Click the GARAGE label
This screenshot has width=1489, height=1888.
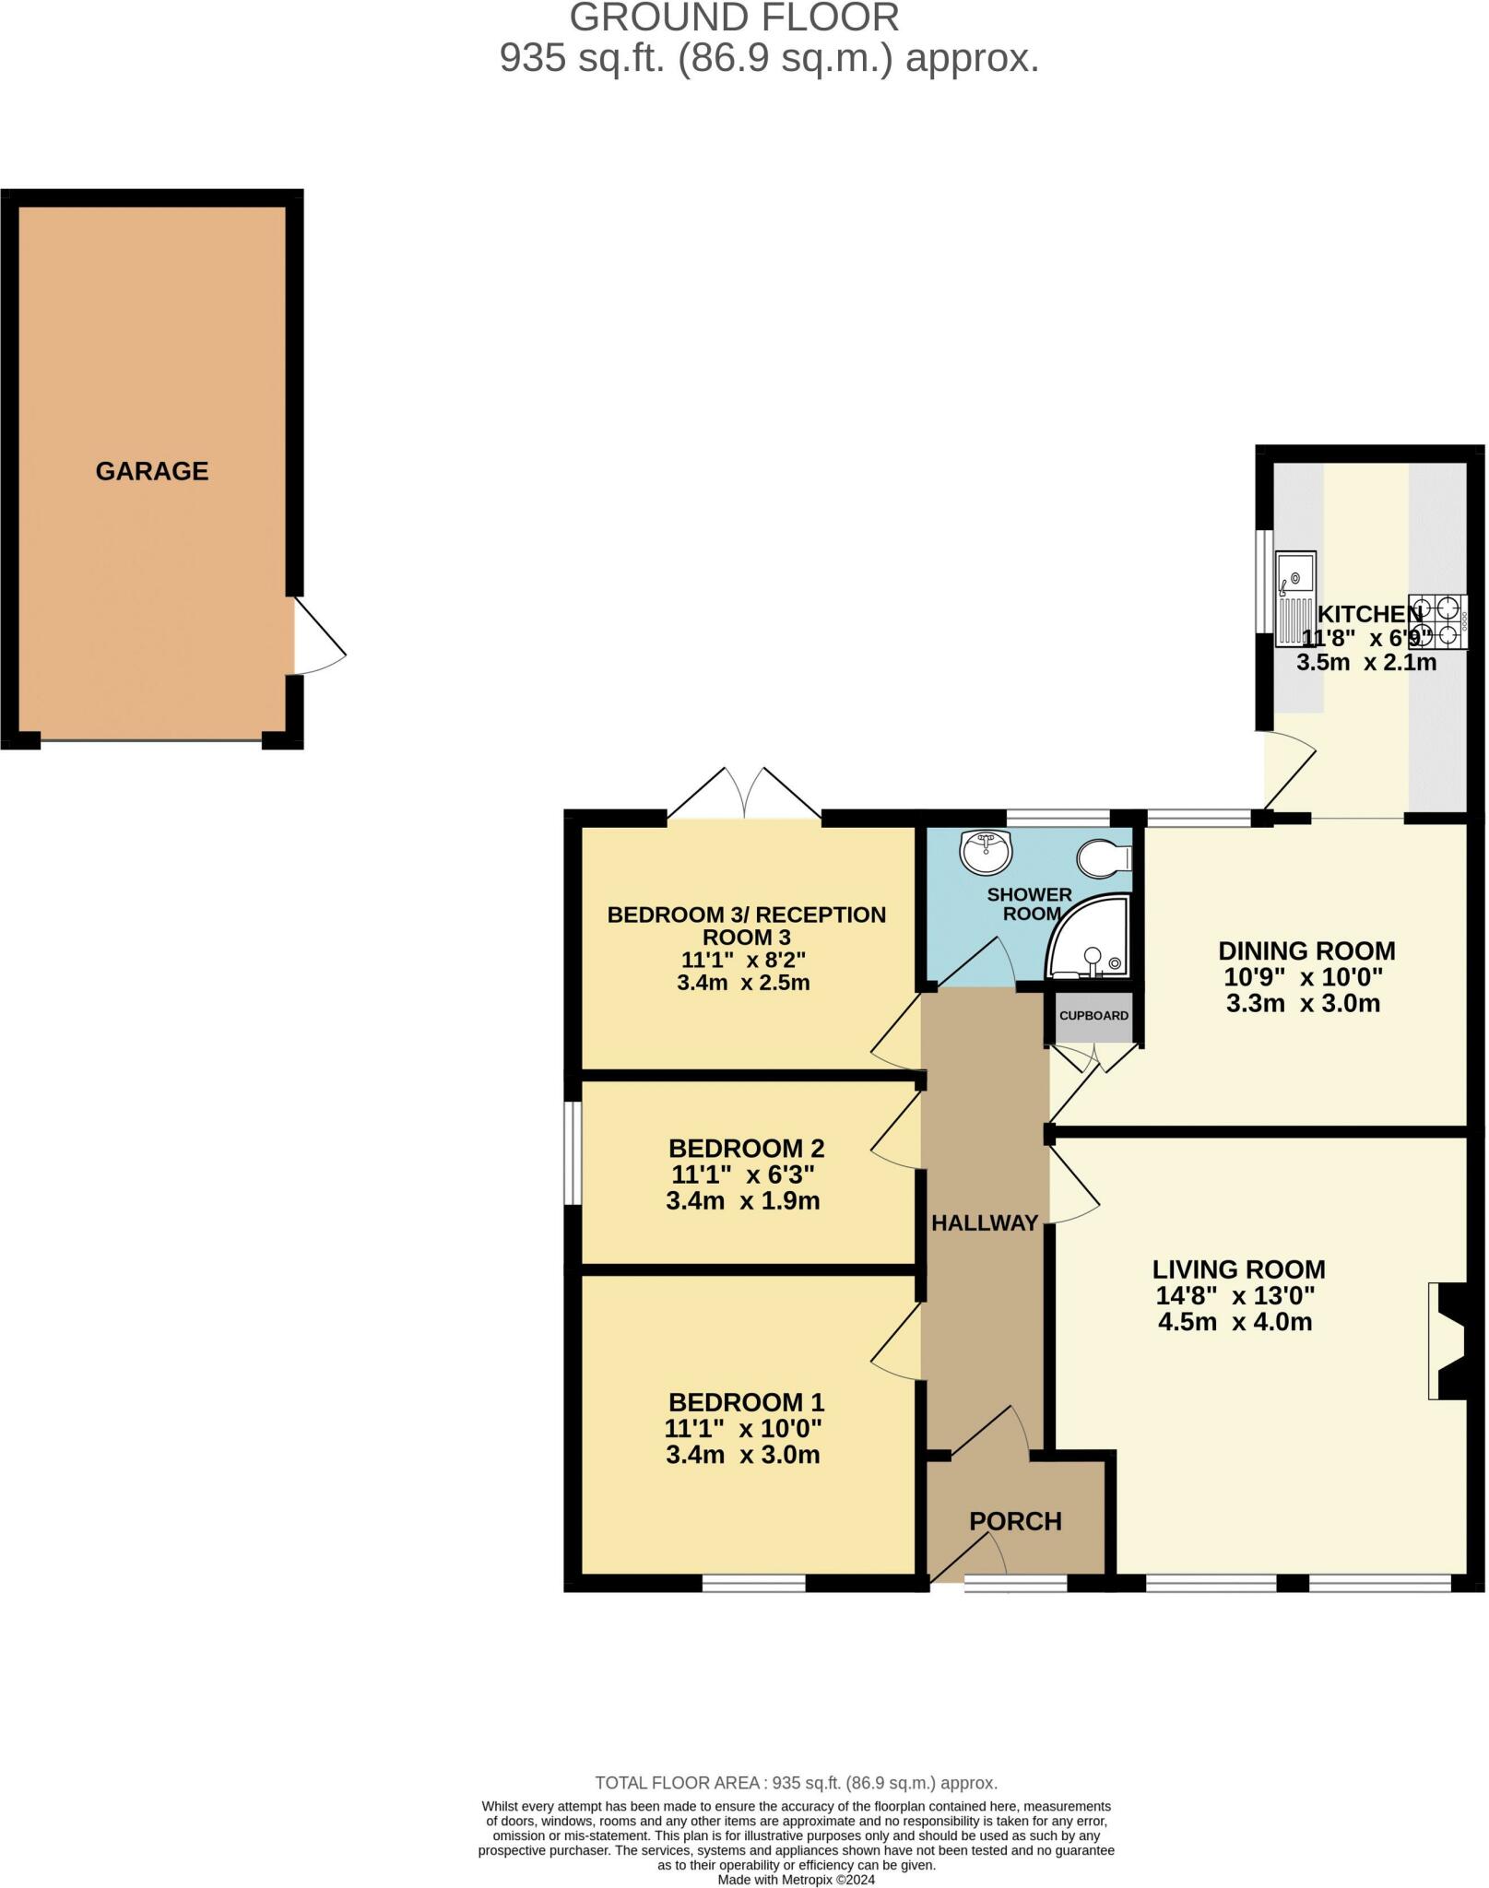coord(152,471)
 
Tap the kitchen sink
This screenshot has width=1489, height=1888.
coord(1295,599)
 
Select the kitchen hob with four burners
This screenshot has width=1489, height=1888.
coord(1438,621)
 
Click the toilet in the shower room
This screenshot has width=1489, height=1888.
coord(1105,858)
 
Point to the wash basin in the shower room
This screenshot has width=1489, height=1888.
coord(987,851)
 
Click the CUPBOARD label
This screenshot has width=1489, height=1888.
coord(1093,1016)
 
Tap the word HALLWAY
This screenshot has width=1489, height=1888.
coord(985,1223)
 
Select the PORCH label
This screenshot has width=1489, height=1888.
coord(1015,1521)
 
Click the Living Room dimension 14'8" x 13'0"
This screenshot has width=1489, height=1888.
coord(1235,1295)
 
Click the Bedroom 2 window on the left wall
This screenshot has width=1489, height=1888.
coord(573,1152)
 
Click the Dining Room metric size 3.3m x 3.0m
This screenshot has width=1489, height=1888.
coord(1303,1003)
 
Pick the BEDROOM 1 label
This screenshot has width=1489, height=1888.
coord(746,1402)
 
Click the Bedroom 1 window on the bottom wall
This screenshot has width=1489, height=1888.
coord(754,1584)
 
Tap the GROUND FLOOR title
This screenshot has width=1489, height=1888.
coord(734,18)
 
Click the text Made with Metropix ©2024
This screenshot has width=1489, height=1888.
coord(796,1880)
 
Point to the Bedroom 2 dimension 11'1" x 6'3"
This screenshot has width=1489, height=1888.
coord(743,1174)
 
